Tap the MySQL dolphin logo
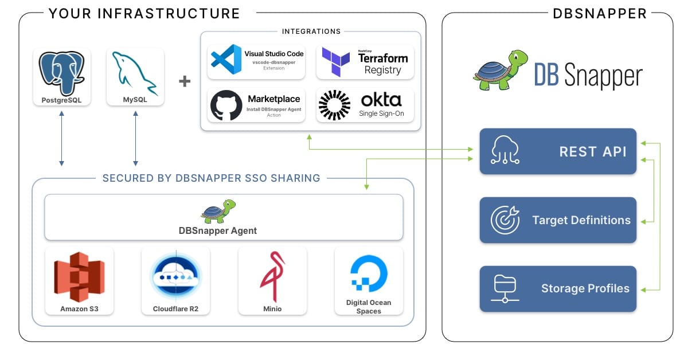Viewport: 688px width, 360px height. click(x=135, y=72)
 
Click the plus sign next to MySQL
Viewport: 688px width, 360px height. click(x=185, y=81)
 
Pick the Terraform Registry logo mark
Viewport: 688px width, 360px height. click(x=335, y=61)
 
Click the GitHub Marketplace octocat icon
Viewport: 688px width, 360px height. click(x=226, y=105)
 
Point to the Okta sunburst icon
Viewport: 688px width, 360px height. click(x=334, y=105)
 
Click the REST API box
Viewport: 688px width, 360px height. click(x=558, y=151)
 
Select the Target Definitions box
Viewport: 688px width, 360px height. click(x=558, y=220)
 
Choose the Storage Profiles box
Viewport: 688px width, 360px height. click(x=558, y=288)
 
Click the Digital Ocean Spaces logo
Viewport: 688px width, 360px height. click(x=369, y=274)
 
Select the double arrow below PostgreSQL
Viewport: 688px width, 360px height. click(x=61, y=139)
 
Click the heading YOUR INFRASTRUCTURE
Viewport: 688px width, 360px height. click(x=144, y=13)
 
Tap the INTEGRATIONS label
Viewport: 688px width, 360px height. click(x=311, y=32)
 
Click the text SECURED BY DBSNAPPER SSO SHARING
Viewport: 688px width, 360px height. click(x=211, y=178)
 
